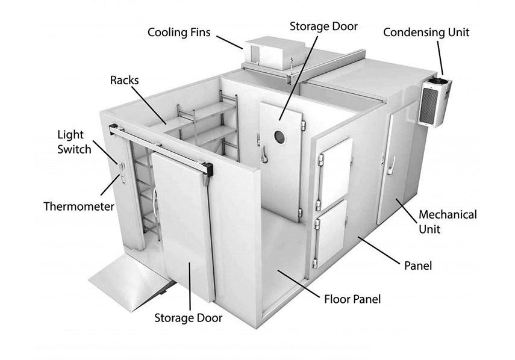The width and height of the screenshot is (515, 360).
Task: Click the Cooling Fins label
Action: [179, 31]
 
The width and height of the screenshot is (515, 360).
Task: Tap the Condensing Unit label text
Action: [426, 32]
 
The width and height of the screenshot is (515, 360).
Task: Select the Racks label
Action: [125, 79]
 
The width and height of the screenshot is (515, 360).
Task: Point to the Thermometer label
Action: [78, 206]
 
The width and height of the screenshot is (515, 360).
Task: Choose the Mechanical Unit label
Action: [447, 221]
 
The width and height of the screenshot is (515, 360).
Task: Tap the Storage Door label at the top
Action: [323, 26]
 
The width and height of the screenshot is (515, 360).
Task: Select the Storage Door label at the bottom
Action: [188, 317]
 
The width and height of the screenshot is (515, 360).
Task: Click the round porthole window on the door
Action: [281, 134]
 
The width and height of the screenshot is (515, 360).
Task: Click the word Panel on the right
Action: [417, 265]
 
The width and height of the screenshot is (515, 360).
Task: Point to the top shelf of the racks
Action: [199, 114]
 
